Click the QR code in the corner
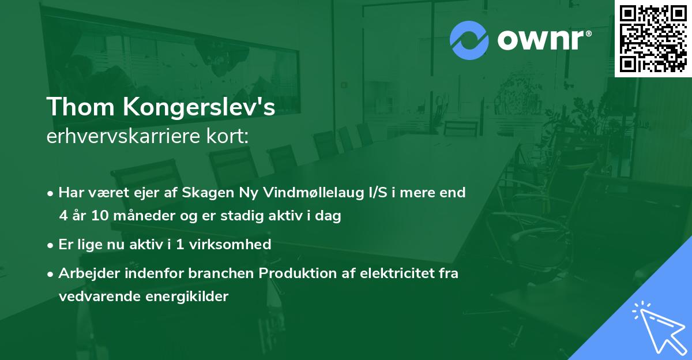(653, 39)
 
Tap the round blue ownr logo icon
(469, 40)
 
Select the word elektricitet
(389, 273)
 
